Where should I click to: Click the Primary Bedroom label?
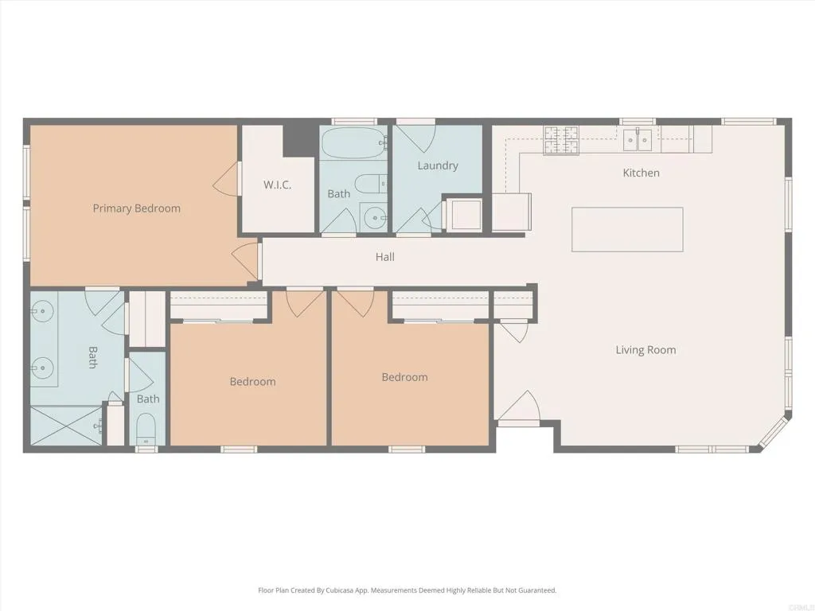(x=136, y=208)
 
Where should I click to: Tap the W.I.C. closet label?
(x=278, y=185)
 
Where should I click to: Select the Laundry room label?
(x=438, y=165)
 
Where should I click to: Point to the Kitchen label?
(x=641, y=173)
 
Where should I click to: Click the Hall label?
(x=385, y=257)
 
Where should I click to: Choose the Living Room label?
(x=645, y=349)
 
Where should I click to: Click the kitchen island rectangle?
(x=627, y=229)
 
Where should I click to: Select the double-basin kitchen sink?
(x=638, y=140)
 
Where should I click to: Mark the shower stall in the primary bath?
(x=67, y=426)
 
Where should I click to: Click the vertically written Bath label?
(x=92, y=357)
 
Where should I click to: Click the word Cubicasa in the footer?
(x=339, y=590)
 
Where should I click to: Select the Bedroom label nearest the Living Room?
(x=404, y=377)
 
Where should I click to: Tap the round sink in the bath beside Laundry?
(x=373, y=217)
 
